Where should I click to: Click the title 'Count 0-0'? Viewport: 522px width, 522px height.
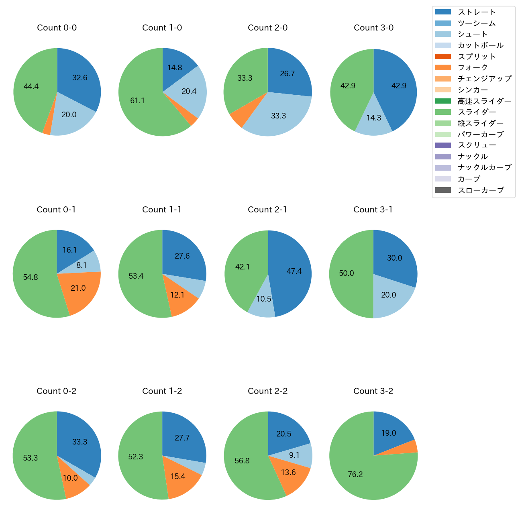(x=57, y=28)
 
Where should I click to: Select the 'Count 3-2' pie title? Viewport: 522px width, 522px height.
(x=373, y=391)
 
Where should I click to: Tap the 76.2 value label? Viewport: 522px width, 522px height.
(x=355, y=475)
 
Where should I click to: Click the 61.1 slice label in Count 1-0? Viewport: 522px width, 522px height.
(x=137, y=100)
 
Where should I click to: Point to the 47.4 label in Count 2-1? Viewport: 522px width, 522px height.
(x=294, y=271)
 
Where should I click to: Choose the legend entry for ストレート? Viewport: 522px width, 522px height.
(x=477, y=12)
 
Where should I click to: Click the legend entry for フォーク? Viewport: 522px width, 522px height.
(x=473, y=67)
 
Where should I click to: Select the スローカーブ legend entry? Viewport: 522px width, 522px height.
(x=481, y=190)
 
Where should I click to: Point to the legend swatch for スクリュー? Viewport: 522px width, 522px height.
(x=443, y=145)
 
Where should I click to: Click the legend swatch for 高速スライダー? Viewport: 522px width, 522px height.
(x=443, y=101)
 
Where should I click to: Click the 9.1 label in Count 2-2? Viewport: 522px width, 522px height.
(x=294, y=455)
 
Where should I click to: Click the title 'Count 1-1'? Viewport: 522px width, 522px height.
(x=162, y=210)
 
